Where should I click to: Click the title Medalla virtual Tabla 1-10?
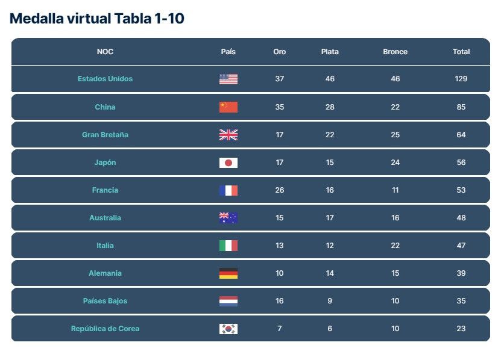tap(97, 19)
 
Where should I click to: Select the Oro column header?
tap(279, 52)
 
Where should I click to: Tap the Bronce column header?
tap(395, 52)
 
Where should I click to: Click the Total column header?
tap(461, 52)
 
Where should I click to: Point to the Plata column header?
tap(330, 52)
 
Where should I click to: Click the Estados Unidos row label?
tap(105, 79)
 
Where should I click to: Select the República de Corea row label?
tap(105, 329)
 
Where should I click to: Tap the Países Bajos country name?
tap(105, 301)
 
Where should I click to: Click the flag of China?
tap(228, 107)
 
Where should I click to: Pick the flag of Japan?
tap(228, 163)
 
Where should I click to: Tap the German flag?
tap(228, 273)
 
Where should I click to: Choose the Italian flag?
tap(228, 246)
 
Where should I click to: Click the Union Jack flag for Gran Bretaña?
tap(228, 135)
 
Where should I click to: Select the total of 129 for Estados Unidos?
tap(461, 79)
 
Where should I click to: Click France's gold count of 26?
tap(279, 190)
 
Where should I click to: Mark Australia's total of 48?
tap(461, 218)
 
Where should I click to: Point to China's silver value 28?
tap(330, 107)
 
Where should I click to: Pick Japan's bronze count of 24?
tap(395, 163)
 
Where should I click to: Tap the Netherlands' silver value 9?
tap(330, 301)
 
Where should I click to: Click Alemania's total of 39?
tap(461, 273)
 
